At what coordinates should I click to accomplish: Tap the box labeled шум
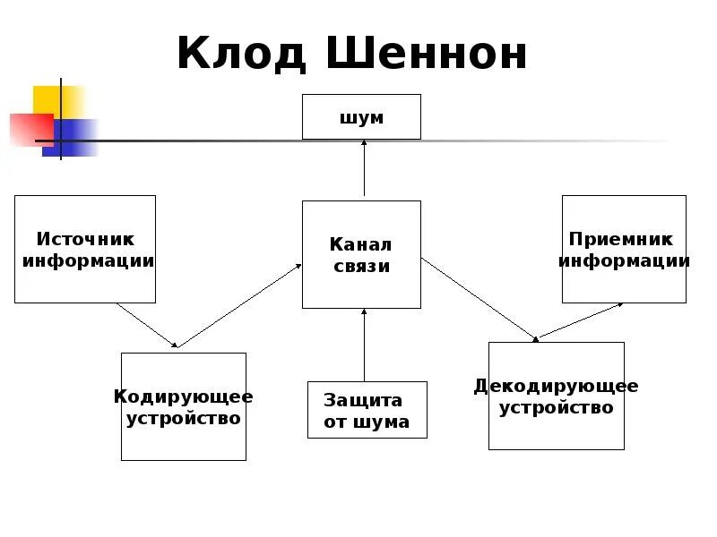coord(361,117)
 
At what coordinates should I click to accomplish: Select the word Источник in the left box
coord(85,239)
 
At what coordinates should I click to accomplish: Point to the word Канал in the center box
coord(361,244)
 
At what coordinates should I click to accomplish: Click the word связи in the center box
coord(361,266)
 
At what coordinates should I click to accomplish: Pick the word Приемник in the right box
coord(620,239)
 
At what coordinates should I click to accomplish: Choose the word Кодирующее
coord(184,396)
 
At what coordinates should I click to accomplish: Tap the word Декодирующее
coord(556,386)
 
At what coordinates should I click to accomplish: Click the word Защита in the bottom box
coord(363,400)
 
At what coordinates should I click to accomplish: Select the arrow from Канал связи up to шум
coord(364,169)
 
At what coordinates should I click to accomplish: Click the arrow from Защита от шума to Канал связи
coord(364,345)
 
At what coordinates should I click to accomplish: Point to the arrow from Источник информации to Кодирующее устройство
coord(147,325)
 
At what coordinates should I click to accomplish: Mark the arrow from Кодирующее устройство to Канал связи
coord(239,305)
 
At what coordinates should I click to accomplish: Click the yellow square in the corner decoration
coord(56,100)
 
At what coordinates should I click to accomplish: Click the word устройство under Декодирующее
coord(556,408)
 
